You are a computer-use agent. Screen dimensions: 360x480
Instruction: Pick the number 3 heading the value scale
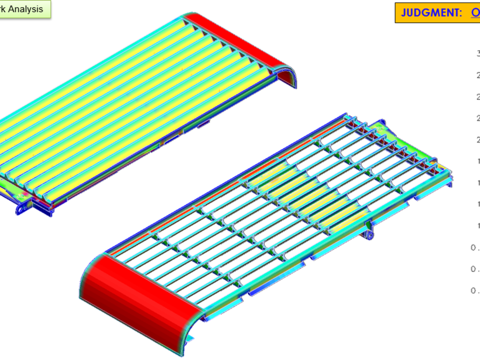478,53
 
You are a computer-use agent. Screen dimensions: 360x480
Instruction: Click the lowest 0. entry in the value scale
475,290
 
